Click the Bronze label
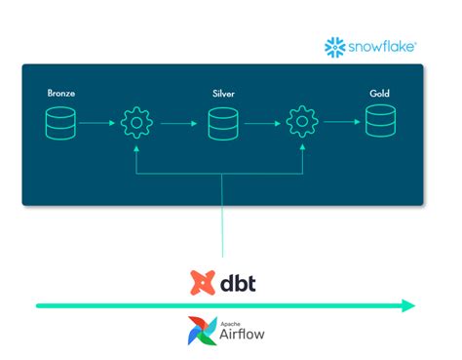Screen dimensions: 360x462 coord(61,94)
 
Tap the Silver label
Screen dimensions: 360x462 coord(223,94)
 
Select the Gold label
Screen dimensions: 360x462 coord(379,94)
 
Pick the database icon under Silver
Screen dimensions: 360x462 coord(223,124)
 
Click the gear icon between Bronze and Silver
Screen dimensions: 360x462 coord(136,124)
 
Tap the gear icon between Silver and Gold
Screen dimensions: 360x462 coord(301,124)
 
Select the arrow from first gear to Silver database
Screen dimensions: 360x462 coord(178,124)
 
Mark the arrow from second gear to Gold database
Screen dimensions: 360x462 coord(338,124)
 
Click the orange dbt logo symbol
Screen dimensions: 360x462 coord(201,281)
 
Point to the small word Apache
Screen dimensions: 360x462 coord(229,320)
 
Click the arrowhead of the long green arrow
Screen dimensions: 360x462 coord(409,305)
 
